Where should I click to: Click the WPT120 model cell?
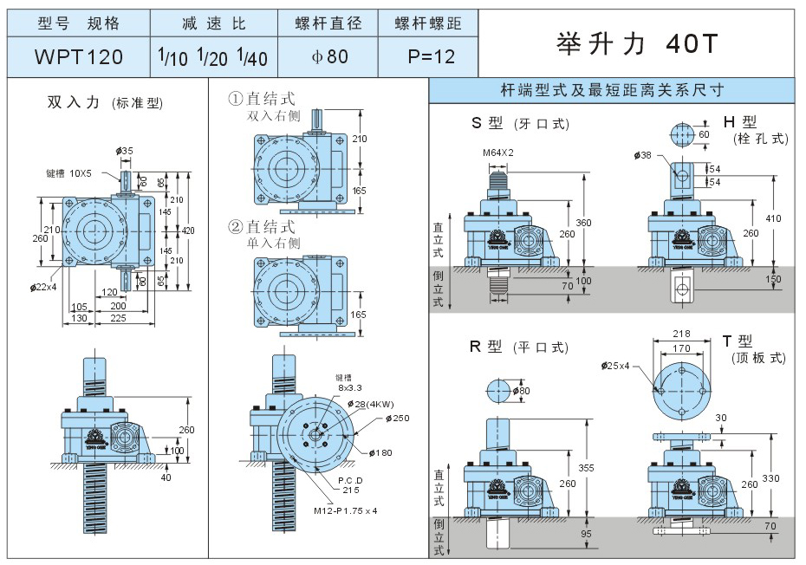78,57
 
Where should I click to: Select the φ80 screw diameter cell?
329,57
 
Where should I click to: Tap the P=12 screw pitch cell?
431,57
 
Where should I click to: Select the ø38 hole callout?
643,155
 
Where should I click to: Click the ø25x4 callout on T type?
619,366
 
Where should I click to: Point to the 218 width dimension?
682,334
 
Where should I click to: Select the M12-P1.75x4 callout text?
346,510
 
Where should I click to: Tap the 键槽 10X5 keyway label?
70,173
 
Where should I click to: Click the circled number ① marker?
235,100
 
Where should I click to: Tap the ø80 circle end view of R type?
504,391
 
